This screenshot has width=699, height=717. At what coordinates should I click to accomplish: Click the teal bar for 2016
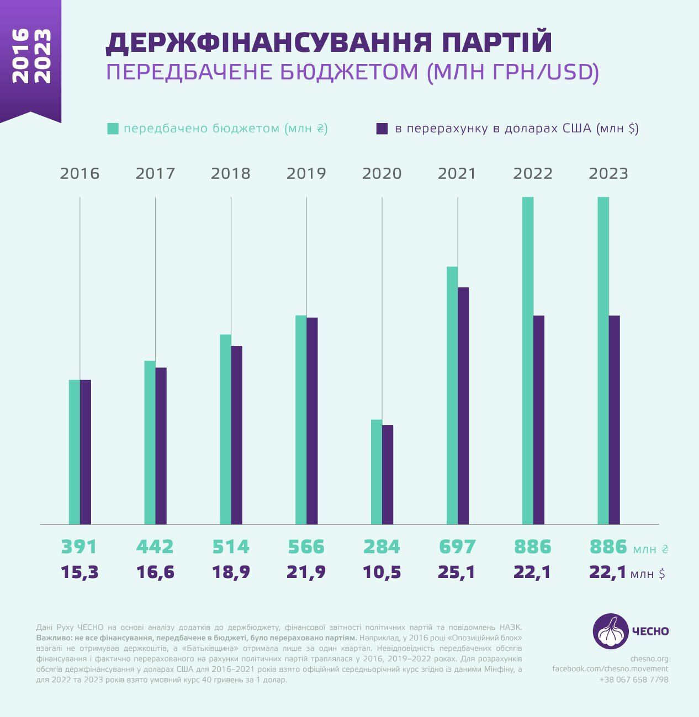pos(75,452)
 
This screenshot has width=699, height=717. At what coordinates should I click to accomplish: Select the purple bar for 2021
pos(463,405)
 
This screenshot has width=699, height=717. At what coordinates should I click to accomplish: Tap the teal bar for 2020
pos(377,472)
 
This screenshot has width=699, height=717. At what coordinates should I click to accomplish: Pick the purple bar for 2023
pos(614,419)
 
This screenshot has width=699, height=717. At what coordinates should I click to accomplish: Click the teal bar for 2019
pos(301,419)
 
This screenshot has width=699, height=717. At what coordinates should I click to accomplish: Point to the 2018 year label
pos(231,174)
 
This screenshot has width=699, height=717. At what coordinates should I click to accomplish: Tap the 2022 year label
pos(533,174)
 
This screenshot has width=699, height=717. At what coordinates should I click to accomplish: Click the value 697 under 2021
pos(457,547)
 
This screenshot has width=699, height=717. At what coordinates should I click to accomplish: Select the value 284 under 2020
pos(382,547)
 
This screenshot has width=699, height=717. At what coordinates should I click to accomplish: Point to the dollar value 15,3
pos(80,572)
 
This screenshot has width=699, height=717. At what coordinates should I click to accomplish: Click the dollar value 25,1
pos(457,572)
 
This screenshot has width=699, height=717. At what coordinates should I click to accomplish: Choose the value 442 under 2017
pos(155,547)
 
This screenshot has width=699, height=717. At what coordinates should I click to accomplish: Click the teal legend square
pos(113,129)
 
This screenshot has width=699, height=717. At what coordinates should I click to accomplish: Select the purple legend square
pos(382,129)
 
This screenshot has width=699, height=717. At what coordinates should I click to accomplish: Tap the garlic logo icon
pos(610,630)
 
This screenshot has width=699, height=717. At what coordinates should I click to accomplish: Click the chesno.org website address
pos(649,659)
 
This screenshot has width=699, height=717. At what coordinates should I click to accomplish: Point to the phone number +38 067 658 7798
pos(634,679)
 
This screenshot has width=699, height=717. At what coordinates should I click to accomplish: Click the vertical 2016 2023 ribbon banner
pos(31,58)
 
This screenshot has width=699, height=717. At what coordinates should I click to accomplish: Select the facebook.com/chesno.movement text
pos(610,669)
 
